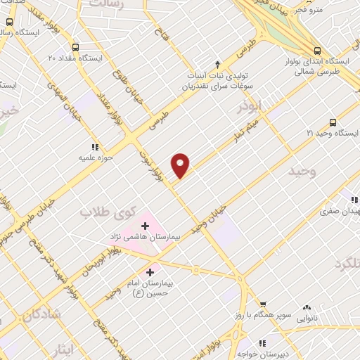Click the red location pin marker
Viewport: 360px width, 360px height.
click(x=181, y=164)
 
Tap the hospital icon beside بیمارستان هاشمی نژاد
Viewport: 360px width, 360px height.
click(x=145, y=226)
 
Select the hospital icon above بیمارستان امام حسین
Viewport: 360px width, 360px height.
click(x=150, y=271)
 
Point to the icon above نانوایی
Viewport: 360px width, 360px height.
click(x=307, y=307)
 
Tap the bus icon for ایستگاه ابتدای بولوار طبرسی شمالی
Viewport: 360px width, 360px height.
click(x=319, y=51)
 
